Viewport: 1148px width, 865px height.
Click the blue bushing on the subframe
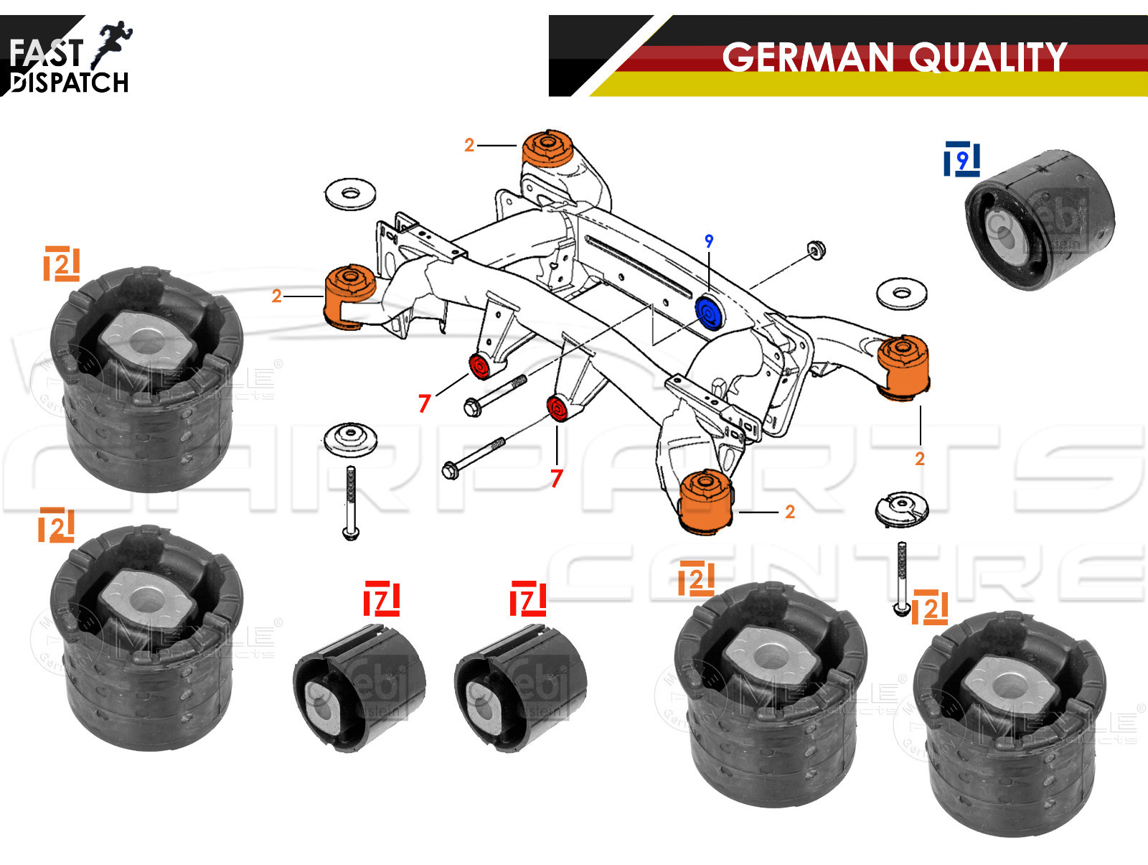coord(709,314)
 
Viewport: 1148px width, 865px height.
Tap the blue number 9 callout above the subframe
coord(709,241)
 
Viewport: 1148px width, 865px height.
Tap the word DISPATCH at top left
coord(70,83)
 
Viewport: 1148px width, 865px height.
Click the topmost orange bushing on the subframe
coord(547,149)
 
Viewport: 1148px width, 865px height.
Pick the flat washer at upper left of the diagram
coord(350,194)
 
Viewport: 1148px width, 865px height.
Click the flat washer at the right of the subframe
coord(902,293)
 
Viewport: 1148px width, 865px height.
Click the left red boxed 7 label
coord(382,599)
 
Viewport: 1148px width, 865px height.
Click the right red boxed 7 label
coord(528,599)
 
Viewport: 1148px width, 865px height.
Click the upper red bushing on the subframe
coord(479,366)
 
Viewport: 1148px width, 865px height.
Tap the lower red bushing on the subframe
coord(557,408)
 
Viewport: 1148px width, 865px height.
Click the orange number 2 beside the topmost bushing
coord(469,145)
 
